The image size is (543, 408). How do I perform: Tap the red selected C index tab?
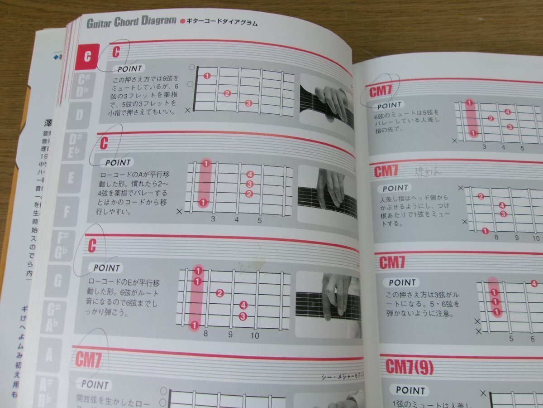[87, 56]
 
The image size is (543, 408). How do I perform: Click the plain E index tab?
[71, 177]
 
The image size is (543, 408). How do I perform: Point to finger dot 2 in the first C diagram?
[227, 94]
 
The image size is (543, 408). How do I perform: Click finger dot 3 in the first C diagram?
[248, 104]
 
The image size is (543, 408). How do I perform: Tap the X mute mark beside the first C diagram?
[188, 111]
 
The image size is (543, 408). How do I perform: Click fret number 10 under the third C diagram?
[255, 336]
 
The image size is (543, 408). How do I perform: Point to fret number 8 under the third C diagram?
[205, 334]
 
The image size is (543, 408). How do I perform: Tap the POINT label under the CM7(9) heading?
[410, 390]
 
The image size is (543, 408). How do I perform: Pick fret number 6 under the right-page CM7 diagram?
[533, 339]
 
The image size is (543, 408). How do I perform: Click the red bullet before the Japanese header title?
[183, 21]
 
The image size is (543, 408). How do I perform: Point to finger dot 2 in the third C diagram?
[220, 293]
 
